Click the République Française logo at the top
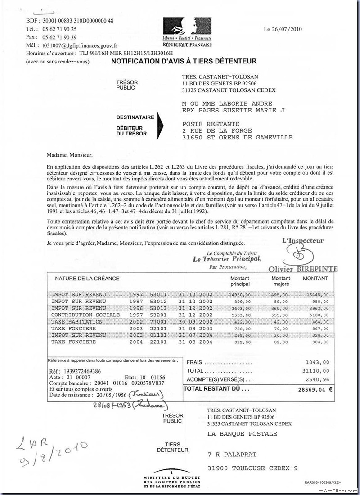coord(187,31)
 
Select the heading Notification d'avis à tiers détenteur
coord(184,61)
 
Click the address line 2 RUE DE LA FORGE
coord(217,130)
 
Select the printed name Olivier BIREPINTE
coord(302,269)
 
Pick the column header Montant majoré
coord(281,281)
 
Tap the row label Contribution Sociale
coord(85,315)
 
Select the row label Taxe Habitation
coord(77,322)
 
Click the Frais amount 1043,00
coord(317,362)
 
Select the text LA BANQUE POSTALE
coord(242,434)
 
